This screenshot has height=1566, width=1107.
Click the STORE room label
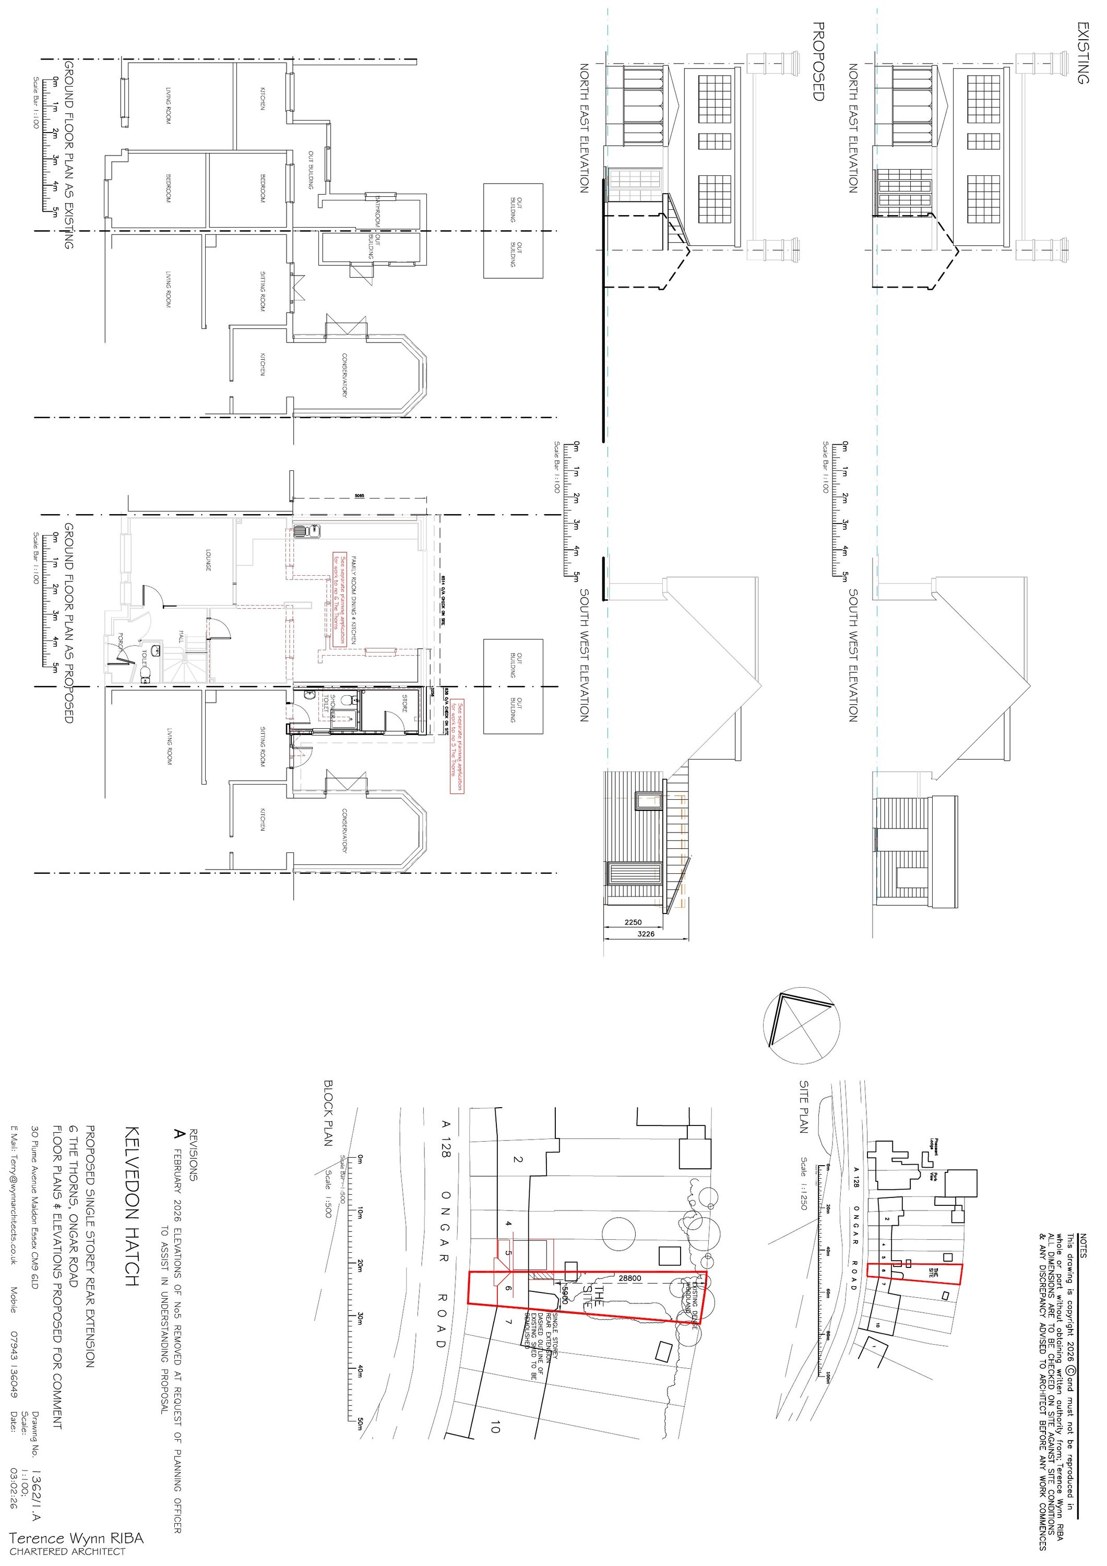click(x=404, y=703)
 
